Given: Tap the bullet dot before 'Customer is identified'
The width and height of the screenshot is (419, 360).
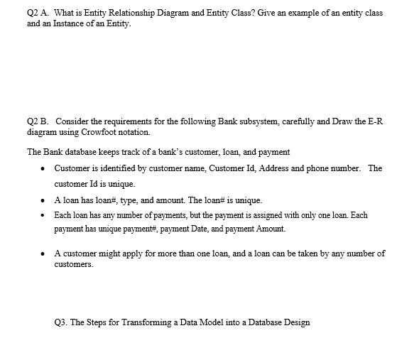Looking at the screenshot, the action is coord(45,169).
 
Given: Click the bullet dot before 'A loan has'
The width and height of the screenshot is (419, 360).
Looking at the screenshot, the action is coord(45,200).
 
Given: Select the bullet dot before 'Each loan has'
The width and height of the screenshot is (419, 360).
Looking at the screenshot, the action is coord(45,215).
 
